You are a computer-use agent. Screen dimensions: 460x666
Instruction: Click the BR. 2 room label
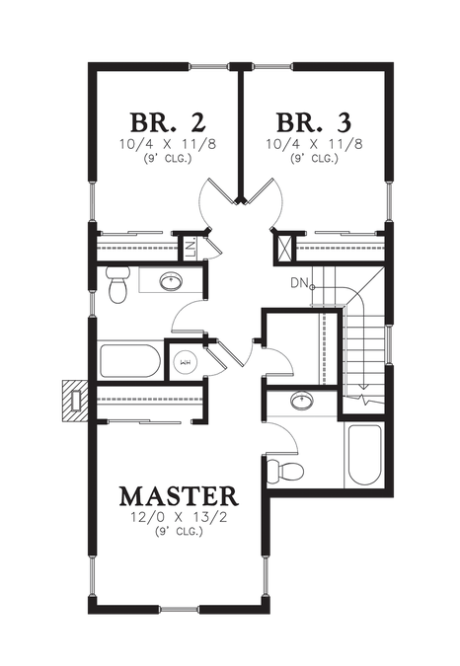pos(168,122)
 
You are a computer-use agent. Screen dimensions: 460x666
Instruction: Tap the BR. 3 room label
pos(314,122)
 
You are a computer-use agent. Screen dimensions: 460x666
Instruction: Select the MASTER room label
pos(179,496)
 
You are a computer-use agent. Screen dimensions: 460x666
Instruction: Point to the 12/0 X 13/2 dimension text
pos(179,517)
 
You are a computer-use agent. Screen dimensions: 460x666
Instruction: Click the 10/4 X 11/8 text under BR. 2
pos(168,144)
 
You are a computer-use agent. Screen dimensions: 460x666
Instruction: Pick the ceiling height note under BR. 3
pos(314,159)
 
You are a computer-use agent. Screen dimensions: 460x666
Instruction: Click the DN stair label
pos(299,283)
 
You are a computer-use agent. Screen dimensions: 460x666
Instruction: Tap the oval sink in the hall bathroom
pos(171,281)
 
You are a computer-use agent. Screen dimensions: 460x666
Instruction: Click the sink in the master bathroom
pos(302,401)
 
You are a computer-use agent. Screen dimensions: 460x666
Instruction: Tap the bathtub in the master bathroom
pos(364,455)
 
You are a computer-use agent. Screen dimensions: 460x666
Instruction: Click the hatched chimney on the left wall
pos(76,401)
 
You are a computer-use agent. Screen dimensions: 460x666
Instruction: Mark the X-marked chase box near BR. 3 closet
pos(284,248)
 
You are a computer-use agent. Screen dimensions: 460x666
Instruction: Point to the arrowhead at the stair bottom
pos(363,387)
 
